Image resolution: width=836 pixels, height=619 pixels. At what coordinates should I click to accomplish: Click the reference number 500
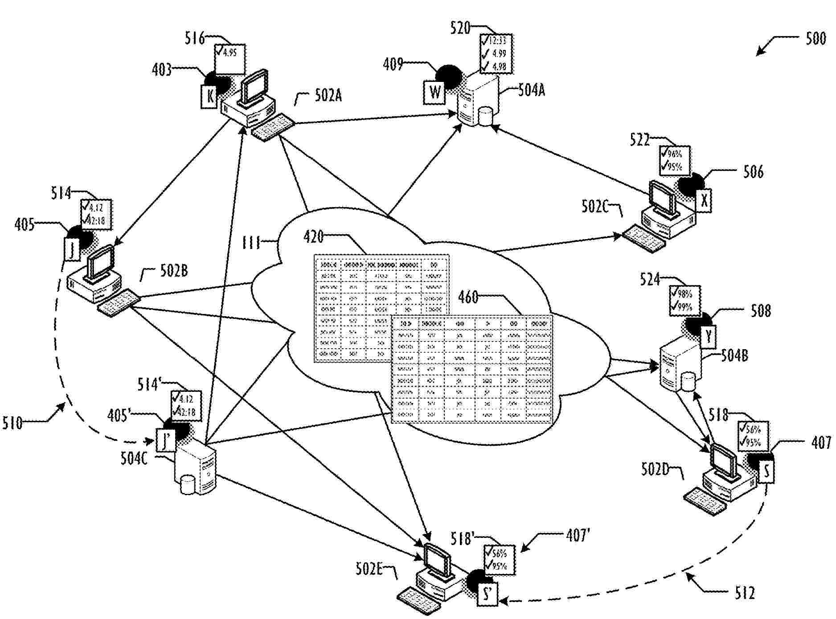tap(816, 39)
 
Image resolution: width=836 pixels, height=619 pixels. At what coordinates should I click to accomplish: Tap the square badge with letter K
tap(209, 95)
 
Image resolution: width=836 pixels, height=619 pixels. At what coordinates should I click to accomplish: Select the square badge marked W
tap(434, 93)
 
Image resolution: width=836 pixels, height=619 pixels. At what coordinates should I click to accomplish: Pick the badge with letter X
tap(704, 200)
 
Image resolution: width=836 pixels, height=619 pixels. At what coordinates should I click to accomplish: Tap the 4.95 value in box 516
tap(230, 53)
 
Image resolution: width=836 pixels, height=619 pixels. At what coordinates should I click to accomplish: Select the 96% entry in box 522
tap(674, 154)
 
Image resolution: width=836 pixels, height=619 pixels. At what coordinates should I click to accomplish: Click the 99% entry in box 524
tap(684, 307)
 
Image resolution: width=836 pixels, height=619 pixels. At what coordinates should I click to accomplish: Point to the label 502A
tap(328, 96)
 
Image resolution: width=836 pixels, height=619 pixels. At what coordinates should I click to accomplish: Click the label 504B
tap(734, 355)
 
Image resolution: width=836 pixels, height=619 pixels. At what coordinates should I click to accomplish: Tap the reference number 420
tap(313, 237)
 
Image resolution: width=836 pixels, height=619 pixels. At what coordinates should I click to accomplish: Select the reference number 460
tap(468, 297)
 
